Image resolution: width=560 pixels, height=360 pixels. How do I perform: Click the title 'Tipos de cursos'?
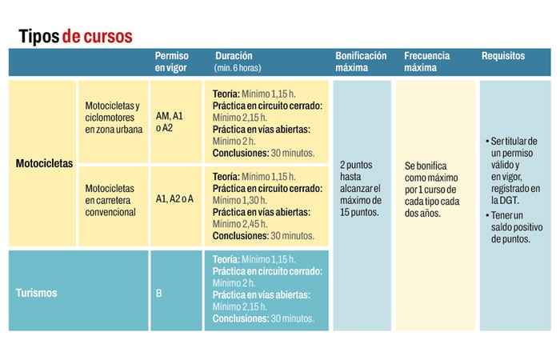coord(75,36)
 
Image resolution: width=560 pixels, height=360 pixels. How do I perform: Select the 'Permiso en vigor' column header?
coord(173,62)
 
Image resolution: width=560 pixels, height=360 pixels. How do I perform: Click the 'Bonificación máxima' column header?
coord(361,62)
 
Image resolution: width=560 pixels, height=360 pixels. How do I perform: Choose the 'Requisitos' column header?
coord(503,57)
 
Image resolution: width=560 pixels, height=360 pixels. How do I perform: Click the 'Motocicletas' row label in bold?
coord(44,163)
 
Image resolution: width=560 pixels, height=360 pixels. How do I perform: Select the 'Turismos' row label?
coord(37,293)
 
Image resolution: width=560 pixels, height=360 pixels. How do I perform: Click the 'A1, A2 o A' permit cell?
coord(174,198)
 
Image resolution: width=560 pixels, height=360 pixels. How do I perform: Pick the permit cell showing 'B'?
coord(158,293)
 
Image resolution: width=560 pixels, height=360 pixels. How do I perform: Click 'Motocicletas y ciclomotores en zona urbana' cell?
coord(114,117)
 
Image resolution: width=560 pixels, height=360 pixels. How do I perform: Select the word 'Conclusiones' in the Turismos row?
coord(239,318)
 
